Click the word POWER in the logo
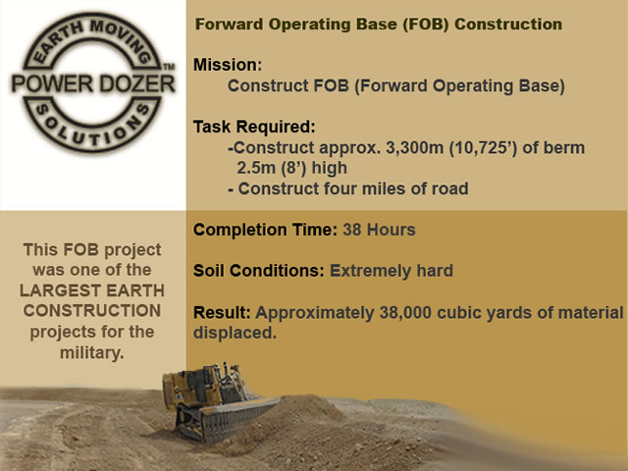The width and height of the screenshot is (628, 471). [52, 83]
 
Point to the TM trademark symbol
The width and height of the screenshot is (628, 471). [169, 66]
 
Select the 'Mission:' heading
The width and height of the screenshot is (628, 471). [228, 65]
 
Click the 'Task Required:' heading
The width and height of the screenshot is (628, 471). [254, 127]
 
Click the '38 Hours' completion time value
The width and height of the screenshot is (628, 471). [380, 230]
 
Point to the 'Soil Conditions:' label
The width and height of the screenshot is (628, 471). [259, 271]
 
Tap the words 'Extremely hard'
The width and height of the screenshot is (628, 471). [392, 271]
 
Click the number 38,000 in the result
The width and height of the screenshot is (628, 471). [405, 313]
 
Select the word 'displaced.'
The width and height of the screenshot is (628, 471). [235, 333]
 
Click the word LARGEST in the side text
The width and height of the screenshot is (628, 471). [60, 290]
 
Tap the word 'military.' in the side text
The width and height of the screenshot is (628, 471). [92, 353]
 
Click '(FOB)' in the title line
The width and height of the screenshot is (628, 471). [425, 24]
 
